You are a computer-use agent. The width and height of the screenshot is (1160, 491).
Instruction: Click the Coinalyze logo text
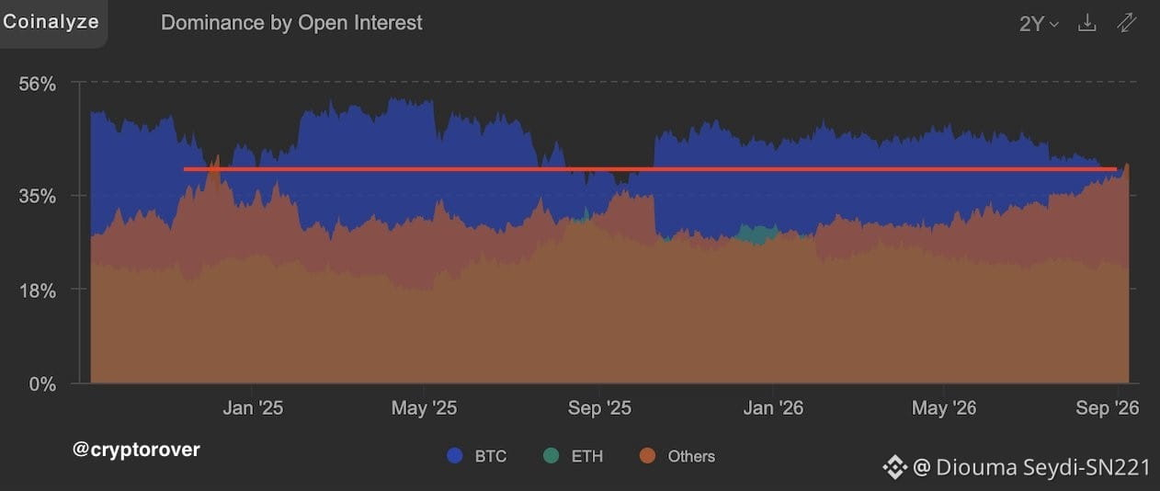click(51, 22)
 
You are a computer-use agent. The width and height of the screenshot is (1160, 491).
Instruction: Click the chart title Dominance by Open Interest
click(291, 23)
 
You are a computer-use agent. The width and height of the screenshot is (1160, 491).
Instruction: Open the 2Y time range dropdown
click(1039, 24)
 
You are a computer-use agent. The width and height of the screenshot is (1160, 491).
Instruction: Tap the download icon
click(1087, 23)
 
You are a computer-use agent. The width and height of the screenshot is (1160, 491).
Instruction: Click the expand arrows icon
click(1126, 23)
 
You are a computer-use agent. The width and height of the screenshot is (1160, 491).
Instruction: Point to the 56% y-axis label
click(38, 84)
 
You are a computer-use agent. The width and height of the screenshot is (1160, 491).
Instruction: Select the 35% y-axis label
click(38, 196)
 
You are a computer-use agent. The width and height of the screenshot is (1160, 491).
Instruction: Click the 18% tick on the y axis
click(38, 291)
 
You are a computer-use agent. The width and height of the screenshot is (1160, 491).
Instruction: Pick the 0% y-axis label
click(42, 384)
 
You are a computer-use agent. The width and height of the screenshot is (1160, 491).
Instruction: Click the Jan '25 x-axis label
click(253, 408)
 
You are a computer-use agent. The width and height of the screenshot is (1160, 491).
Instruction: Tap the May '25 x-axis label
click(424, 408)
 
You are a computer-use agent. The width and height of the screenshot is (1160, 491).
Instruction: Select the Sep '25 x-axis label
click(599, 408)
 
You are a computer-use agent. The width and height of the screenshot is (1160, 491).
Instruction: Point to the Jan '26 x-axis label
click(773, 408)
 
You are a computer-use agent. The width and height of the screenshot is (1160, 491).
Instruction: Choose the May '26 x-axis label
click(944, 408)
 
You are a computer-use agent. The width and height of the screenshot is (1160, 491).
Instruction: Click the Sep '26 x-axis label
click(1108, 408)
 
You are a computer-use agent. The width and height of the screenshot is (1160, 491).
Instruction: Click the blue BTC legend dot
click(455, 456)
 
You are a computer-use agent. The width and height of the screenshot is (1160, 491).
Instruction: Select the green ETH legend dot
click(551, 456)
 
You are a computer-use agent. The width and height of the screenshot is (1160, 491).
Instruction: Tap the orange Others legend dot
click(647, 456)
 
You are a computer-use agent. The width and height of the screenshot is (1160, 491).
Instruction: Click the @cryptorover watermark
click(136, 450)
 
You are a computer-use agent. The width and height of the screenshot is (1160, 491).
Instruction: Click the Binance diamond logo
click(895, 467)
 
